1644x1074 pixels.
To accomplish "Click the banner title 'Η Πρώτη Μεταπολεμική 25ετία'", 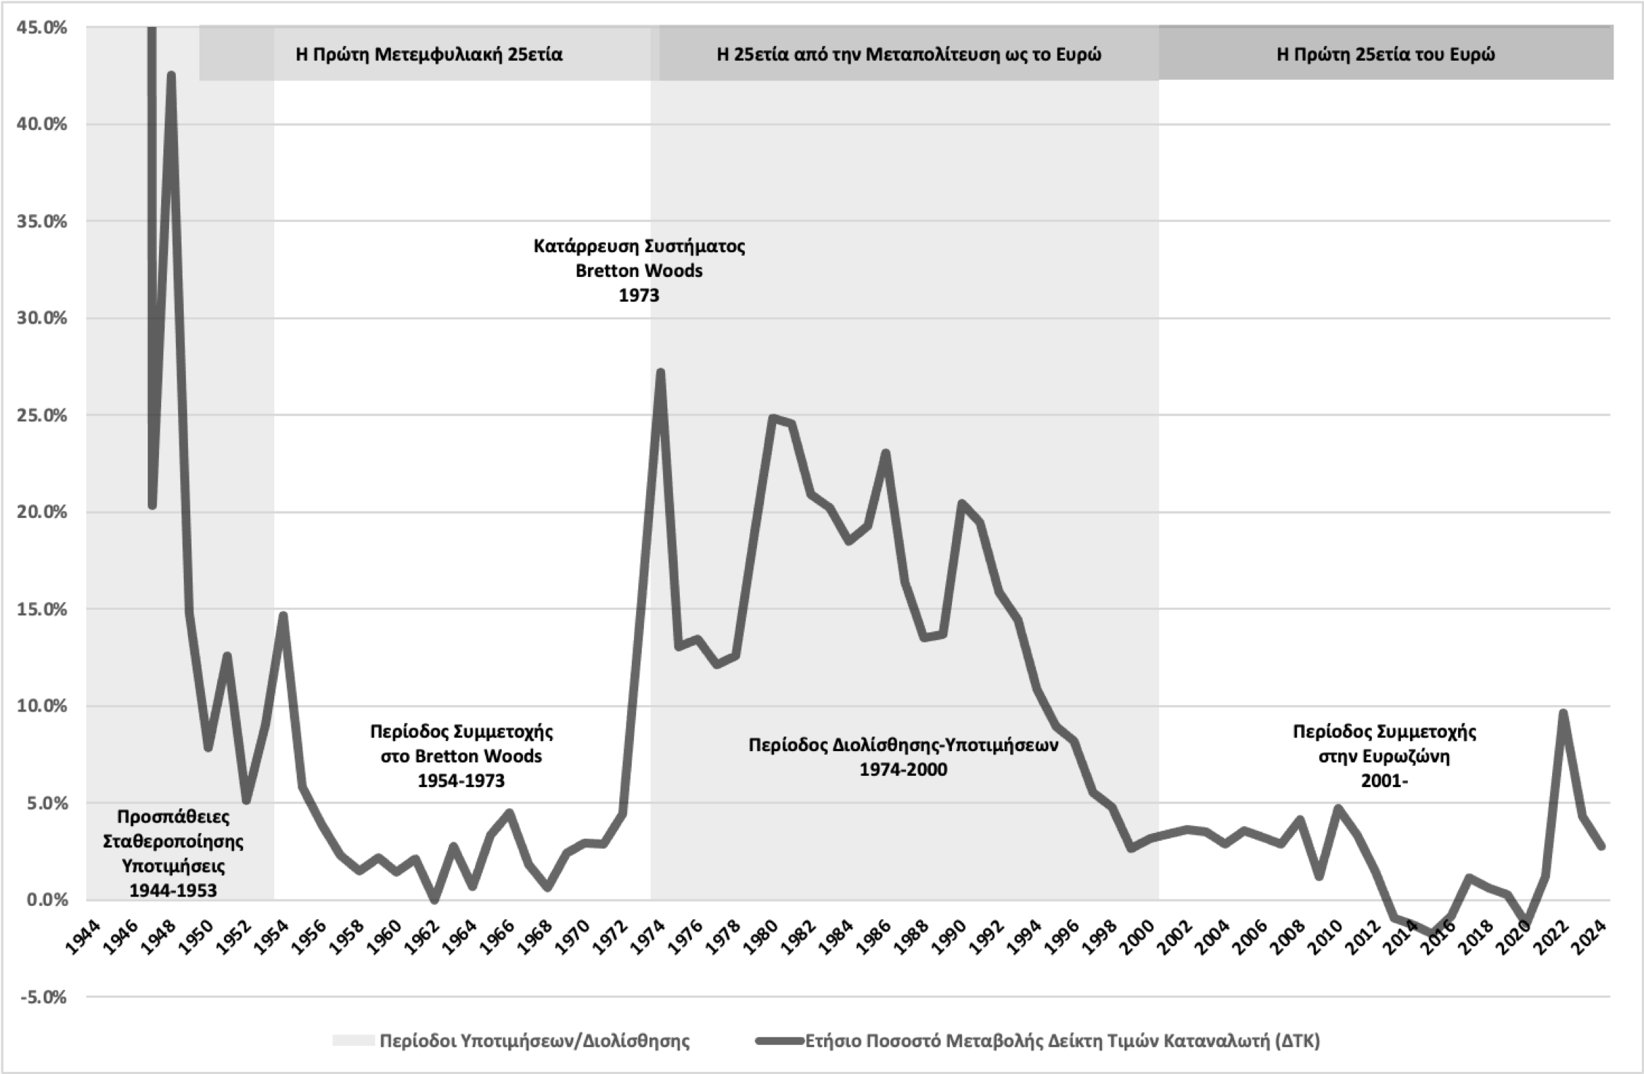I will (x=428, y=54).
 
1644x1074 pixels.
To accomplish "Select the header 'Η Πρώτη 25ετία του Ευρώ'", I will (x=1385, y=54).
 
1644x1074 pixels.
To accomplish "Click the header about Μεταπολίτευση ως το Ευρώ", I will (x=908, y=54).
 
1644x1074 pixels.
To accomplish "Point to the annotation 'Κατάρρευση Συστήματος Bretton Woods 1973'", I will (x=639, y=271).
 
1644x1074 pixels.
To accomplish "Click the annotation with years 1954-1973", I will (x=461, y=755).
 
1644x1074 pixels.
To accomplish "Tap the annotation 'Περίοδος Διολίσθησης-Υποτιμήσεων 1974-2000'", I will (x=903, y=757).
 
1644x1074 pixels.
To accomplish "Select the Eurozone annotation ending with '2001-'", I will (x=1384, y=755).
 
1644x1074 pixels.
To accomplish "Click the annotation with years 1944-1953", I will (x=173, y=853).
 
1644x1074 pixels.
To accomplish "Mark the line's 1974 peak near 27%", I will (x=660, y=372).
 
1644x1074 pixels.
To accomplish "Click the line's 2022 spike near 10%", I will (x=1563, y=713).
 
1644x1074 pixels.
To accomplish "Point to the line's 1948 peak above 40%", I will (x=171, y=76).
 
